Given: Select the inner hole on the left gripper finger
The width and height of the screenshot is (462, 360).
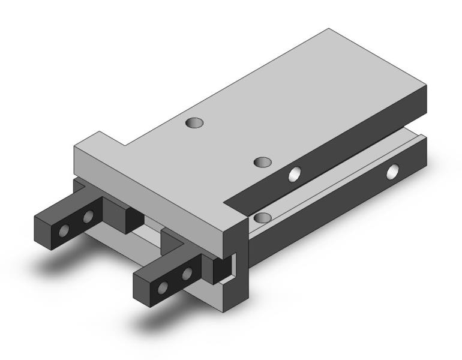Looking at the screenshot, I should tap(89, 216).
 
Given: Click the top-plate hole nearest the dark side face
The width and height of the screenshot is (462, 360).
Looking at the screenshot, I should tap(262, 162).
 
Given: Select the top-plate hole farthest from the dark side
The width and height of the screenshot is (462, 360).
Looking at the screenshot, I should tap(194, 123).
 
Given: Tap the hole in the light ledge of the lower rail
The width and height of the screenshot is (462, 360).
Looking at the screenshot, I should tap(262, 217).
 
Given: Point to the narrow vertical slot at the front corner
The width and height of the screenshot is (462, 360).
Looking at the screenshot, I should tap(236, 263).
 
